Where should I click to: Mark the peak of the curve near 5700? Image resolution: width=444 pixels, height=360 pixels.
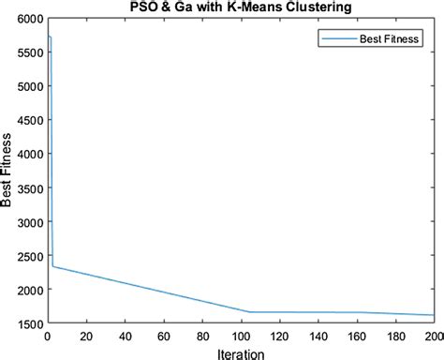click(x=49, y=37)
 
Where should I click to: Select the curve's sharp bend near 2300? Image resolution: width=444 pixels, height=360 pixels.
click(x=52, y=266)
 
